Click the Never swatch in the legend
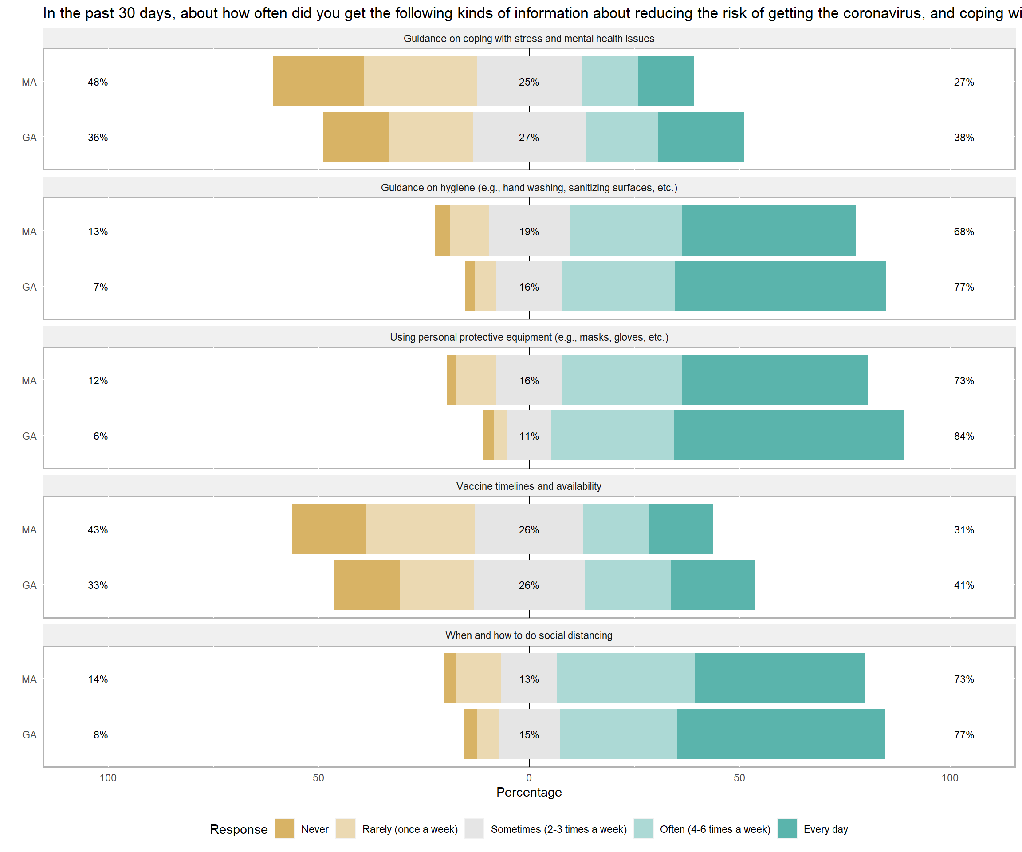tap(284, 828)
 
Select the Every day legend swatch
tap(787, 828)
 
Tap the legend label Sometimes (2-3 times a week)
tap(558, 829)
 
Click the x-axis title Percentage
tap(529, 792)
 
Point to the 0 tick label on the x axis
tap(529, 777)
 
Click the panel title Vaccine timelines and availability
tap(529, 486)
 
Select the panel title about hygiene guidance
tap(529, 188)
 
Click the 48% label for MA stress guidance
tap(98, 82)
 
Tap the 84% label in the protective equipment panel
tap(963, 436)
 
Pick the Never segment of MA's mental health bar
tap(318, 82)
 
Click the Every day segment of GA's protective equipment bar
tap(788, 435)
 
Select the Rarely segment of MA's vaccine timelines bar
tap(421, 529)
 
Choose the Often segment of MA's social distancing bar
tap(625, 678)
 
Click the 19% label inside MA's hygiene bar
tap(529, 232)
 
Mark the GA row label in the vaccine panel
tap(29, 585)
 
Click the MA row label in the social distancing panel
tap(29, 679)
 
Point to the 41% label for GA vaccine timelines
tap(963, 585)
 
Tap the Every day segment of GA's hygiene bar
tap(780, 286)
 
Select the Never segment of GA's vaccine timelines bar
tap(366, 585)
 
